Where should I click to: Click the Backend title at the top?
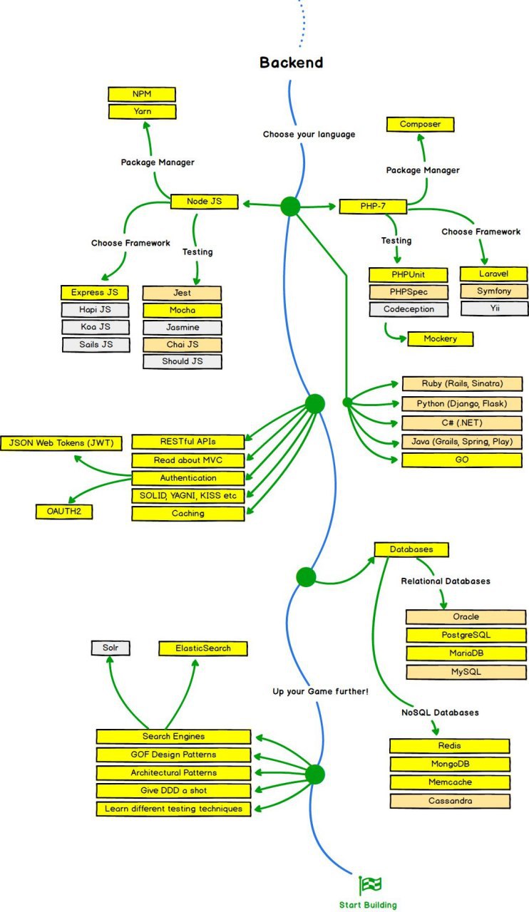[292, 62]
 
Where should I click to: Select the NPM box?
[142, 94]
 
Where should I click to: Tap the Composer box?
[420, 124]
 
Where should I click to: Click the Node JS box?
[204, 202]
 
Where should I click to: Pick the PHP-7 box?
[373, 207]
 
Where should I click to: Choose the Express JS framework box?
[95, 292]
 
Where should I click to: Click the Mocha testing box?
[183, 310]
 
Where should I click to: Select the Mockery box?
[441, 338]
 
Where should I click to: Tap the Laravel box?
[493, 274]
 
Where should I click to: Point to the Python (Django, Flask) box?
[462, 403]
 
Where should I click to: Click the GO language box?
[462, 460]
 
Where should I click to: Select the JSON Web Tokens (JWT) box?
[61, 443]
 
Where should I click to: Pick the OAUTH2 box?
[64, 512]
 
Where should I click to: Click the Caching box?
[188, 514]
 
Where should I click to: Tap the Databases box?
[411, 549]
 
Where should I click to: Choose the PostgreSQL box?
[466, 635]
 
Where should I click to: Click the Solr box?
[111, 648]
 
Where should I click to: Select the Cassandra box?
[450, 801]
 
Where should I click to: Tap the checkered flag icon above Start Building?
[370, 885]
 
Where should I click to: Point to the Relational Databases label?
[446, 581]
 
